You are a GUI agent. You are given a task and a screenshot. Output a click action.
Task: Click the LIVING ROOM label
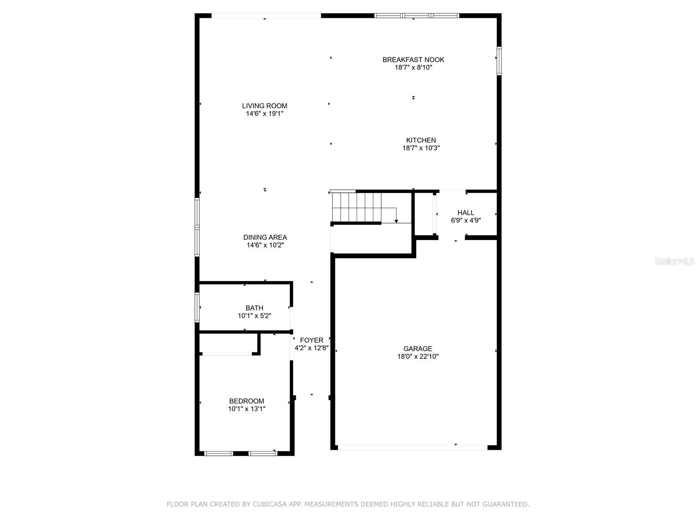point(264,106)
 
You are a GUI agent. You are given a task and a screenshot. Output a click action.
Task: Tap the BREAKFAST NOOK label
point(413,60)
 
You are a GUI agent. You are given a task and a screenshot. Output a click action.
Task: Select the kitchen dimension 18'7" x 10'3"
point(421,148)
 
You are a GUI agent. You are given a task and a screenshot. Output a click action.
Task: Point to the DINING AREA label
point(265,237)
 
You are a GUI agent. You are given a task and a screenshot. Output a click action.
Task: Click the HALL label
point(465,213)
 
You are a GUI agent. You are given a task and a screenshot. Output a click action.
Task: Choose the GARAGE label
point(418,348)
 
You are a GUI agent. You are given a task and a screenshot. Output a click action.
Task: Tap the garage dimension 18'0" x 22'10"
point(418,357)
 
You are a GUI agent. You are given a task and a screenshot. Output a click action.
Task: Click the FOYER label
point(311,340)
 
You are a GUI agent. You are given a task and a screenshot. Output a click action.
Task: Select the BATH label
point(254,308)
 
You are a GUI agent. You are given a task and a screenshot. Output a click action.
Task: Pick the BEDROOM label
point(247,401)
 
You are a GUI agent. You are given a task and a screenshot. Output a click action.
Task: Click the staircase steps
point(357,207)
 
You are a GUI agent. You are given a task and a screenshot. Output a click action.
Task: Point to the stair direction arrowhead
point(396,221)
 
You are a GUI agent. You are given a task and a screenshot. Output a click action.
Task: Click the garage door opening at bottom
point(412,447)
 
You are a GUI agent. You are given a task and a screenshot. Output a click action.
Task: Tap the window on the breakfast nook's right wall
point(499,61)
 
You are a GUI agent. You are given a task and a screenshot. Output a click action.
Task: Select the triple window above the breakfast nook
point(417,16)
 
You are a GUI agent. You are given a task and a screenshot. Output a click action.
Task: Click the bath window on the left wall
point(197,307)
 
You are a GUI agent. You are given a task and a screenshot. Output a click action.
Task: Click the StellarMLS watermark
point(674,261)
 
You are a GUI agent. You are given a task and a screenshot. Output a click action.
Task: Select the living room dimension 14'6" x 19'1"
point(264,114)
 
